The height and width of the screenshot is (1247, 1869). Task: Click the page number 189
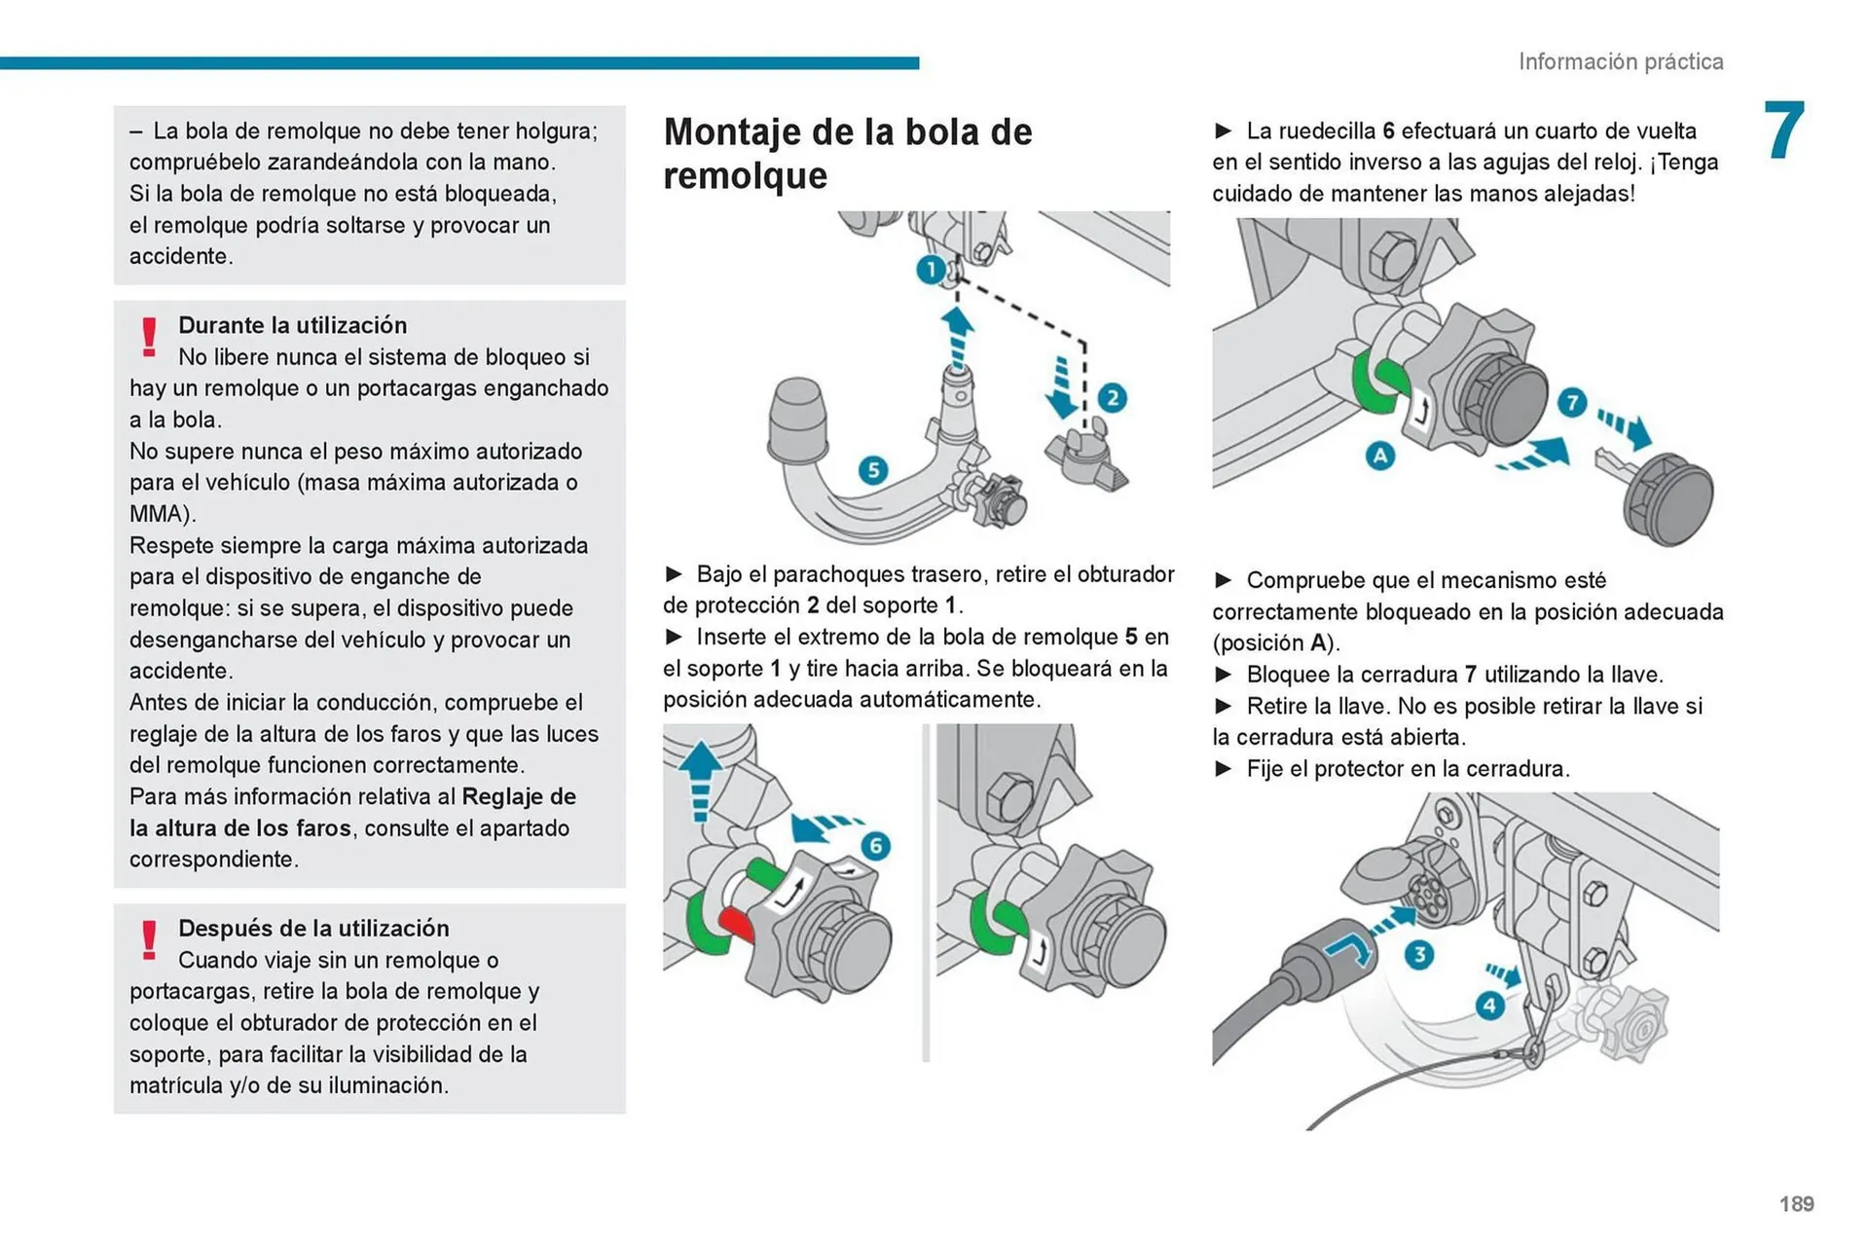click(x=1796, y=1204)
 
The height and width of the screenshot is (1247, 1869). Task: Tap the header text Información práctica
click(x=1620, y=61)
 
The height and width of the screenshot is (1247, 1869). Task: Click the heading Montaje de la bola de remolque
click(x=847, y=154)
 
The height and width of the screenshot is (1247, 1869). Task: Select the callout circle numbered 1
click(x=931, y=269)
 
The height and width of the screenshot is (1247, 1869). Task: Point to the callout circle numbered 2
click(x=1112, y=398)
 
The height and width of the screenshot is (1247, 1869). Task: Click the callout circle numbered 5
click(x=873, y=470)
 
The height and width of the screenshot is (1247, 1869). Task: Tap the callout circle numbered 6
click(x=875, y=845)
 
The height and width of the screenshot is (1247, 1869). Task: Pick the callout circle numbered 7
click(x=1571, y=402)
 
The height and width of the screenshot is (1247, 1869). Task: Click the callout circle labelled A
click(x=1379, y=455)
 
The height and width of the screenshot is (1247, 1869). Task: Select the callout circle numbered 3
click(x=1419, y=954)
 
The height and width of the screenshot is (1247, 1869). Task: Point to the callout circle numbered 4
click(x=1489, y=1005)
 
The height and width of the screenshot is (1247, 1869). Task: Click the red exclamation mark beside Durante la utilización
click(x=149, y=337)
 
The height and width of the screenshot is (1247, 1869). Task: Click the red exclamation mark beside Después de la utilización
click(x=149, y=940)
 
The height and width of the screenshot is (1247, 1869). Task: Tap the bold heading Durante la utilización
click(x=292, y=325)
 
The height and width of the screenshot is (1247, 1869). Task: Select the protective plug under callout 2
click(x=1085, y=458)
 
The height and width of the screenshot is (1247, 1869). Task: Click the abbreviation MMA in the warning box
click(x=160, y=514)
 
